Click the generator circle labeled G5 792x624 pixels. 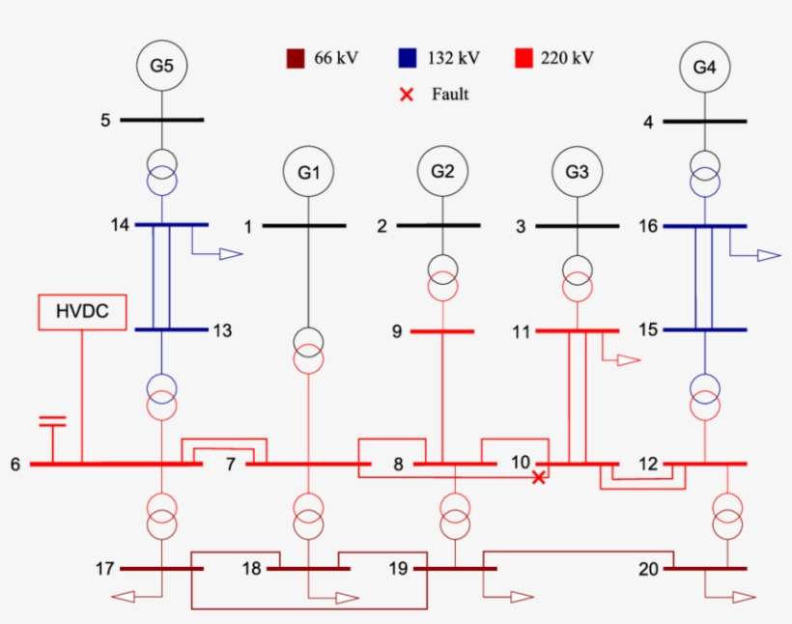click(161, 67)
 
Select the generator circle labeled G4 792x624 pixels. click(704, 68)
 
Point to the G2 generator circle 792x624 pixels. click(442, 172)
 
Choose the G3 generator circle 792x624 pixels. click(577, 173)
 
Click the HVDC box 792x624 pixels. click(81, 312)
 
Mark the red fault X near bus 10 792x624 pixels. click(539, 477)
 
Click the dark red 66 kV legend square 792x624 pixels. click(295, 58)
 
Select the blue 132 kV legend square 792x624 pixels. click(408, 58)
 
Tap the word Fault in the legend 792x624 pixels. click(450, 95)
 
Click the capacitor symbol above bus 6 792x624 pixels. click(52, 422)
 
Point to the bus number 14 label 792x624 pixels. click(121, 225)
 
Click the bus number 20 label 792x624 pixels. click(647, 569)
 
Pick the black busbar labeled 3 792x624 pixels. click(577, 226)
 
